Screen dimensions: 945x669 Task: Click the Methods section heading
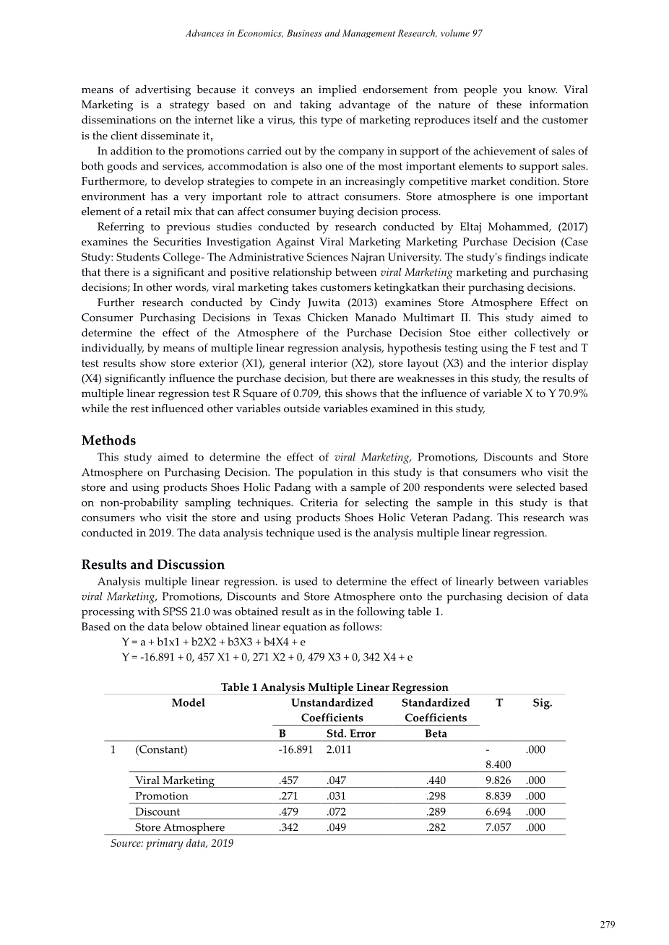(108, 440)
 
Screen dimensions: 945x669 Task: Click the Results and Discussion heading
(153, 565)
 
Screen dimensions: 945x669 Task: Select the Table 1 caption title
(334, 687)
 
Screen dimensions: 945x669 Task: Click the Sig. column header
(542, 702)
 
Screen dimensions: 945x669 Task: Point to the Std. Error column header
(351, 733)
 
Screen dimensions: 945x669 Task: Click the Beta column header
(436, 733)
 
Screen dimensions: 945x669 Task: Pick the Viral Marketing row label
(175, 780)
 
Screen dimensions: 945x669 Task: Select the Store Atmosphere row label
(180, 827)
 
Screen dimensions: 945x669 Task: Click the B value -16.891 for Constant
(295, 749)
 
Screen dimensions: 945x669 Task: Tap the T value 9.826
(498, 780)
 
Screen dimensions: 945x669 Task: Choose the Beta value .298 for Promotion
(436, 796)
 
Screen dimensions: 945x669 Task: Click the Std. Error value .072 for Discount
(336, 811)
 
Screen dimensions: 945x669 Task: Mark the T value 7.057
(498, 827)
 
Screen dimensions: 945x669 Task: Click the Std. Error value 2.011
(339, 749)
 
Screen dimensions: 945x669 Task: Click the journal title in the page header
(334, 34)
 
